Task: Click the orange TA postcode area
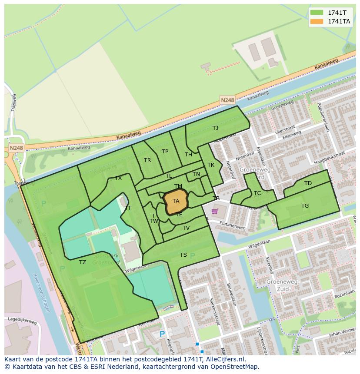pyautogui.click(x=176, y=202)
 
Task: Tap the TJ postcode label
pyautogui.click(x=215, y=128)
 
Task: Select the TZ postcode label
pyautogui.click(x=83, y=262)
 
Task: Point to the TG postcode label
pyautogui.click(x=305, y=205)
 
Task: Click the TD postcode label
pyautogui.click(x=308, y=183)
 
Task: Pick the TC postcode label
pyautogui.click(x=257, y=193)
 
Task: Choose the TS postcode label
pyautogui.click(x=183, y=255)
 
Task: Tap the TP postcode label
pyautogui.click(x=165, y=151)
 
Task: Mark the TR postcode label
pyautogui.click(x=147, y=160)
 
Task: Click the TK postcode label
pyautogui.click(x=211, y=165)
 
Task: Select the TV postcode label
pyautogui.click(x=186, y=228)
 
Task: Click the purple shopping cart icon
pyautogui.click(x=214, y=212)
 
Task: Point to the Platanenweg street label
pyautogui.click(x=232, y=227)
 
